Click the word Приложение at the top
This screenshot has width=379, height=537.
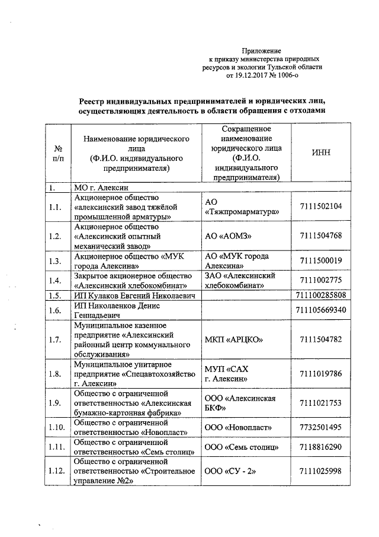point(265,52)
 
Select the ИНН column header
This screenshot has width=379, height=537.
point(321,152)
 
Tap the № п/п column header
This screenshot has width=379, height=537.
point(58,153)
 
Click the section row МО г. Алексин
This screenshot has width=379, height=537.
point(98,188)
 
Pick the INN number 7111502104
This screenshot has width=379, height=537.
point(321,206)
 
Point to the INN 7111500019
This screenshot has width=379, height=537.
point(321,261)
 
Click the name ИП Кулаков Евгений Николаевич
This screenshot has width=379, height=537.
point(134,295)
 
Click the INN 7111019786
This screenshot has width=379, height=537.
point(321,374)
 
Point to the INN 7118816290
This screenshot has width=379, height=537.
point(321,446)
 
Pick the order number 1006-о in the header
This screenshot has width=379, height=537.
point(299,75)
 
